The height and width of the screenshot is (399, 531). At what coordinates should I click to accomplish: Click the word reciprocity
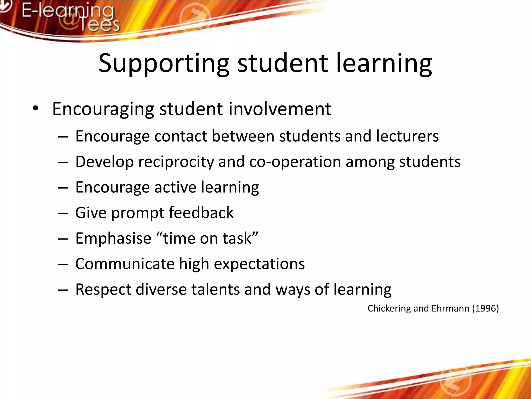(176, 162)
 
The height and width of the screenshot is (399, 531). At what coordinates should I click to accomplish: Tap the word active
(175, 187)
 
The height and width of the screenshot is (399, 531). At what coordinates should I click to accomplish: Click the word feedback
(201, 212)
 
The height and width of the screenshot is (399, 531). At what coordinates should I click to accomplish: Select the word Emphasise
(113, 238)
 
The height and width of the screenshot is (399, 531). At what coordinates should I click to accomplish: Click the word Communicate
(125, 264)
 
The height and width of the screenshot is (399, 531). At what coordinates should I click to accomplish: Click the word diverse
(161, 289)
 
